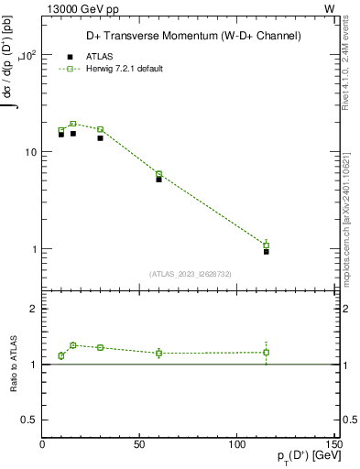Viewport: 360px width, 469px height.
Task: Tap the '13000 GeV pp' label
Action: tap(78, 8)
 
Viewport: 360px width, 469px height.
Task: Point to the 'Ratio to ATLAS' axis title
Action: tap(13, 364)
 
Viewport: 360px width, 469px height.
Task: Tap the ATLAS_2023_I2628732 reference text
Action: tap(191, 272)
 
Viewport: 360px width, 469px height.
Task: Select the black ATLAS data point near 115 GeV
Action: tap(266, 251)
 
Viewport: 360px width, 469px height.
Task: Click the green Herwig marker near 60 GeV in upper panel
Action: tap(158, 174)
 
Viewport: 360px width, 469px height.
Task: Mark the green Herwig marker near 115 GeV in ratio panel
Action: tap(266, 353)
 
